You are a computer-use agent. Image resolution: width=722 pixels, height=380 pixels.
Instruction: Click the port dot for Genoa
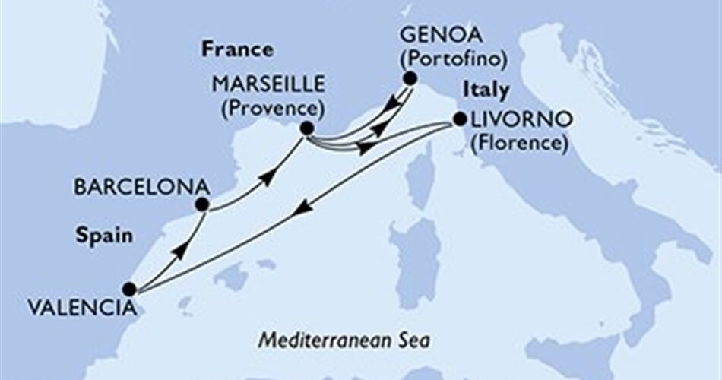click(x=410, y=78)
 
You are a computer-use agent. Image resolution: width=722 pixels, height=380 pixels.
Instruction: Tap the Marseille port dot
click(x=306, y=129)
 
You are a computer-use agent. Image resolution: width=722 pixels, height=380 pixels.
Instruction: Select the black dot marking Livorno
click(x=459, y=119)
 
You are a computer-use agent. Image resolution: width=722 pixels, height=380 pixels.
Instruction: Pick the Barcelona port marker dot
click(x=201, y=204)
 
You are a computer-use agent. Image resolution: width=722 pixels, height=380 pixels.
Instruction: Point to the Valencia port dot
click(x=129, y=289)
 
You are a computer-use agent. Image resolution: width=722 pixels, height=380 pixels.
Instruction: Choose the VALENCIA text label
click(x=84, y=308)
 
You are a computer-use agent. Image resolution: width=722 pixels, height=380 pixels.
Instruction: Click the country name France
click(x=236, y=51)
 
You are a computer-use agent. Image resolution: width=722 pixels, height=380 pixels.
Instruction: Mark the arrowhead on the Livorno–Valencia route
click(x=302, y=207)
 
